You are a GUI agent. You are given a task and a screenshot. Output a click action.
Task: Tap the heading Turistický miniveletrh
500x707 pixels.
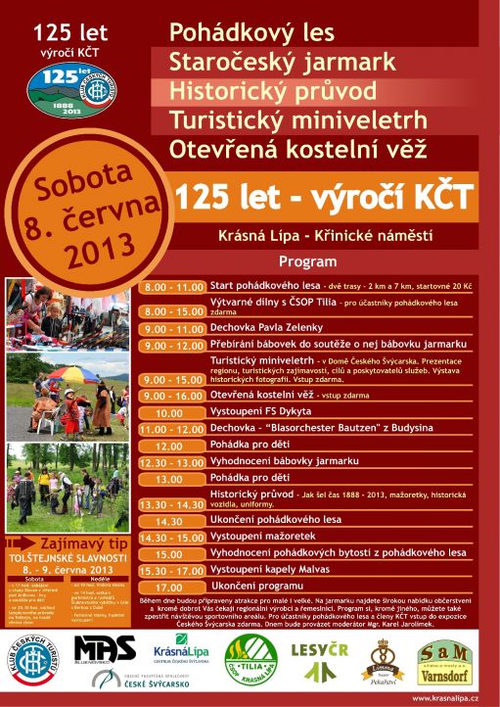298,120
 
